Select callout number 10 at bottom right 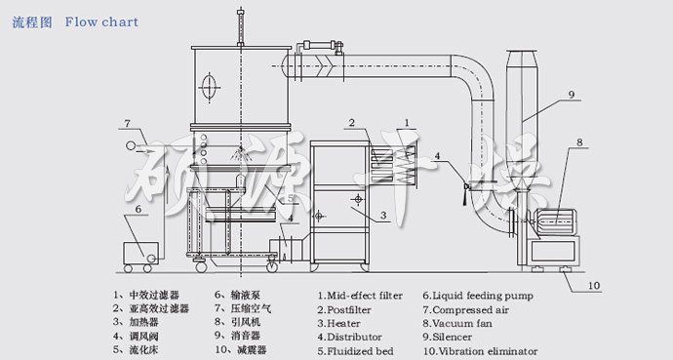click(594, 286)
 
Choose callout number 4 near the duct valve click(439, 156)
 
